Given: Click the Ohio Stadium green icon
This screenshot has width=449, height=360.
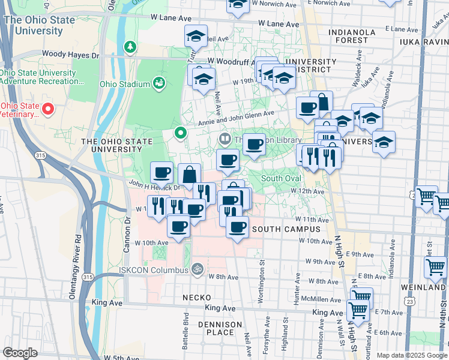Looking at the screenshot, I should (x=159, y=82).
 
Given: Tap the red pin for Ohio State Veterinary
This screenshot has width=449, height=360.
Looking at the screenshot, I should (x=48, y=109).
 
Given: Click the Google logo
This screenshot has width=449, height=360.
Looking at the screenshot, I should (x=20, y=352).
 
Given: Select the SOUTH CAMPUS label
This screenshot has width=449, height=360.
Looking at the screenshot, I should (x=282, y=229).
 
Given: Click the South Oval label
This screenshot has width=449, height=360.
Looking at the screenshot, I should (x=280, y=178).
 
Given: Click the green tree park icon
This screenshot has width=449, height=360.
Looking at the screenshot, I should (x=130, y=46).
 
